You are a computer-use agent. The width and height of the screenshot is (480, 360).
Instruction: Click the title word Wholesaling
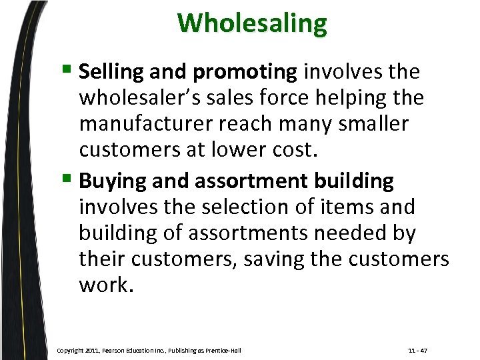coord(252,24)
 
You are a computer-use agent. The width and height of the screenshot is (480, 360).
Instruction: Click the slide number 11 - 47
coord(417,350)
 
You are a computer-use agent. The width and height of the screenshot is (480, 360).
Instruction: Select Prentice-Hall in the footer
coord(224,350)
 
